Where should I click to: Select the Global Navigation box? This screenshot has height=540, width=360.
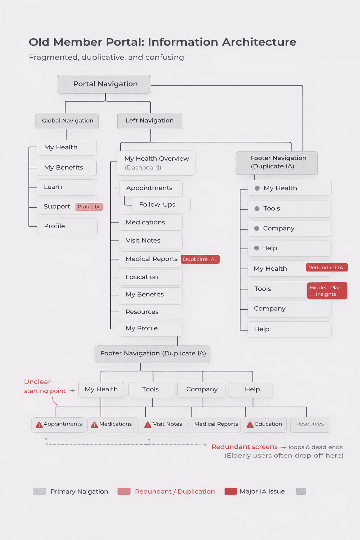point(67,121)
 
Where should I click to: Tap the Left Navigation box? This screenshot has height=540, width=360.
point(150,121)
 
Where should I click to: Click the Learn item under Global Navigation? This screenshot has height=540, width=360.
point(67,187)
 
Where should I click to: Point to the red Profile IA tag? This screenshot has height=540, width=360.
point(89,207)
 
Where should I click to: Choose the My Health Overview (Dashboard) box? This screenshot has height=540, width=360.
point(156,163)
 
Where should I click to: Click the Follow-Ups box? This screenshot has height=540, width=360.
point(161,205)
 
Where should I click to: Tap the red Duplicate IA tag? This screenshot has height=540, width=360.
point(200,259)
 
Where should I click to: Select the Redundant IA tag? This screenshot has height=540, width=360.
point(326,268)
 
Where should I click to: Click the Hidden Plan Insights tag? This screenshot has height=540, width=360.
point(327,291)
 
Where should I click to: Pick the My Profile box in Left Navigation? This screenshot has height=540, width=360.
point(150,328)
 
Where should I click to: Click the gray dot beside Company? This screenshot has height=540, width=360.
point(257,229)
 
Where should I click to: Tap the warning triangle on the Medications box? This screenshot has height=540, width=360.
point(94,425)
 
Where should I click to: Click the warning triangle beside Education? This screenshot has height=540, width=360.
point(250,425)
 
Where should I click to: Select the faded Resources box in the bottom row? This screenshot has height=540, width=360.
point(310,424)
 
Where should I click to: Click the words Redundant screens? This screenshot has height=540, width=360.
point(244,447)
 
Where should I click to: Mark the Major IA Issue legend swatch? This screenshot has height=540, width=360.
point(231,491)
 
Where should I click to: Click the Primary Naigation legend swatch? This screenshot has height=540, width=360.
point(39,491)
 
